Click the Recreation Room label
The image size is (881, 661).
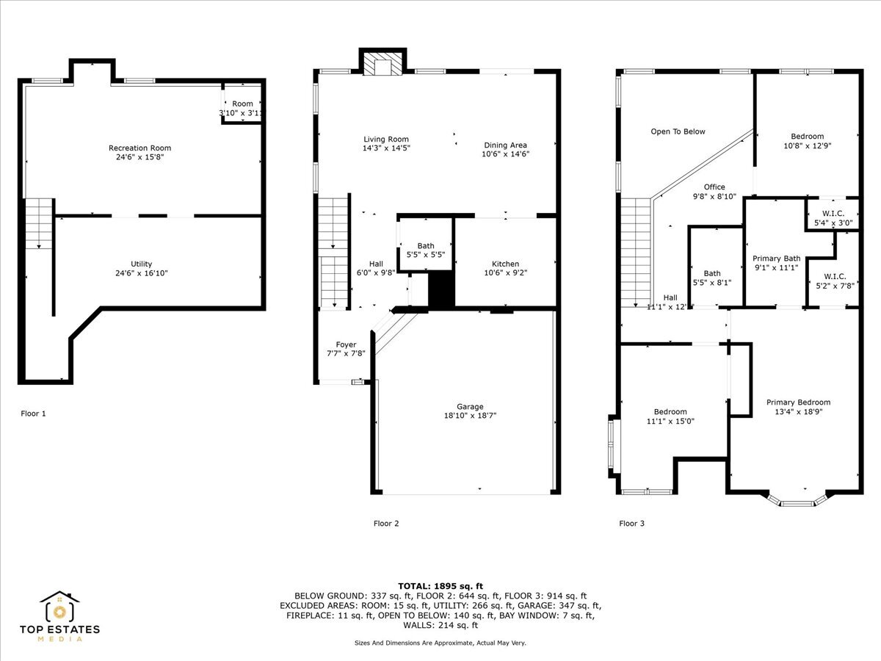click(x=139, y=148)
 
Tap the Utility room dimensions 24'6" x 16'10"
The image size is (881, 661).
click(x=142, y=273)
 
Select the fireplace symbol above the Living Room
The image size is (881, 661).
click(x=382, y=65)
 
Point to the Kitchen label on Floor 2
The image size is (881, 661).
click(x=505, y=264)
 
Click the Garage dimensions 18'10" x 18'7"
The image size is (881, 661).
click(x=470, y=416)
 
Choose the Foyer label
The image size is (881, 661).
click(x=346, y=344)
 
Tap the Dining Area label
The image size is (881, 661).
click(x=505, y=145)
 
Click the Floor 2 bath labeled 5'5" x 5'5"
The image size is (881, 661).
click(x=426, y=250)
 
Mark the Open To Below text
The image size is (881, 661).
click(x=678, y=131)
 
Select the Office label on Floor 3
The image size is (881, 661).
click(x=714, y=187)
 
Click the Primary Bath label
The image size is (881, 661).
click(x=776, y=259)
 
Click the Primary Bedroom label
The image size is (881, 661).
click(x=798, y=402)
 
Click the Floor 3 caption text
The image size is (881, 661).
click(x=631, y=524)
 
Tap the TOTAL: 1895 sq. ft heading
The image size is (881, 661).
click(x=440, y=585)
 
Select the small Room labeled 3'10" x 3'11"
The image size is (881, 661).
click(x=242, y=109)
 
